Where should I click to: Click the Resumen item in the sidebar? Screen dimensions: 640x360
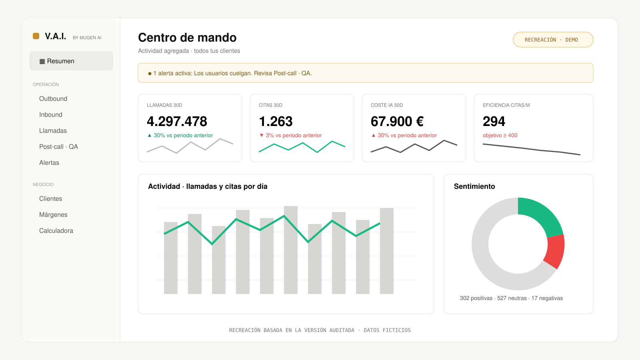[71, 61]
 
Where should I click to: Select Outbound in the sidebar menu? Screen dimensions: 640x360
[53, 98]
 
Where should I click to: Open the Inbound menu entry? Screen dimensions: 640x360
[50, 114]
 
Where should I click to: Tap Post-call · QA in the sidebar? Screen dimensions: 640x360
[58, 146]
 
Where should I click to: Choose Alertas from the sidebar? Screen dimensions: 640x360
[49, 162]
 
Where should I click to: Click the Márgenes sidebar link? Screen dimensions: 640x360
[53, 214]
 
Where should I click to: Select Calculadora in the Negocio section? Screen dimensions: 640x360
[56, 230]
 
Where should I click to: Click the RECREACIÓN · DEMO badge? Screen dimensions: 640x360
[553, 40]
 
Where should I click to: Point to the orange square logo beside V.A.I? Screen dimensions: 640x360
[36, 36]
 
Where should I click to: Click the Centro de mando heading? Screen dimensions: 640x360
[187, 38]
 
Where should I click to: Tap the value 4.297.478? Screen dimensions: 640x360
[177, 122]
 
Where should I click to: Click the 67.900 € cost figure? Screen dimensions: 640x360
[397, 122]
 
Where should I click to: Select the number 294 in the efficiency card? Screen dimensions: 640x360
[494, 122]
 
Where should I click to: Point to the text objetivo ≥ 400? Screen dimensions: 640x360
[500, 136]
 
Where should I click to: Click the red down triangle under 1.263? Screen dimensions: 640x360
[262, 136]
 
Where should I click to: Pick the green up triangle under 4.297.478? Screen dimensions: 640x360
[150, 136]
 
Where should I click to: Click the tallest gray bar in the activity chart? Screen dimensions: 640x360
[290, 250]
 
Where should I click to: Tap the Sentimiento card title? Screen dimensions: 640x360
[474, 186]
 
